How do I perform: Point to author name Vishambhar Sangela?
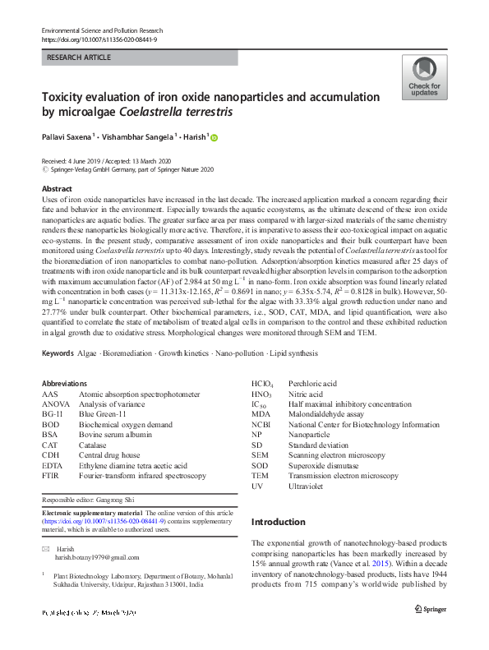[138, 138]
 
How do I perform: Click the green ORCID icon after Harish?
[216, 139]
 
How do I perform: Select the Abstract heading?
[58, 189]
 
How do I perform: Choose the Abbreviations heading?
[63, 383]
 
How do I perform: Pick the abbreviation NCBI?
[261, 424]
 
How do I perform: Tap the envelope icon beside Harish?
[45, 548]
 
